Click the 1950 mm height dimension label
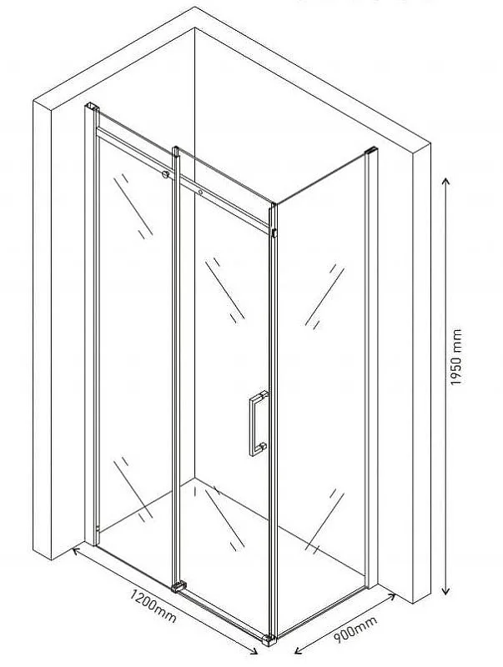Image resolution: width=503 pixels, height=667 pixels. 455,357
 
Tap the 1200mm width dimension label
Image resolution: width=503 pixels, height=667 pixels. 153,605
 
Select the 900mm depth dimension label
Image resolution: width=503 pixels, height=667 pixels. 355,629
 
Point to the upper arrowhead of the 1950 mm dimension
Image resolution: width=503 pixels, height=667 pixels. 445,181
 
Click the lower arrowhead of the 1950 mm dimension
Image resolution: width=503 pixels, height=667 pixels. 445,591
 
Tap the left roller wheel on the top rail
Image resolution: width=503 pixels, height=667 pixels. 165,174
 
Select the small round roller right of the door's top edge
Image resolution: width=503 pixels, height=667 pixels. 200,193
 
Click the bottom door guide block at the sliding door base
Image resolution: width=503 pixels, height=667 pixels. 179,587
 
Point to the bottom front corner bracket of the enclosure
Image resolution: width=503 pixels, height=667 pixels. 269,639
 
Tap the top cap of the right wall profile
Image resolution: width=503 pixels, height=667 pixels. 371,151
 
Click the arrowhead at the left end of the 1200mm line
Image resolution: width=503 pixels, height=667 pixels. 76,551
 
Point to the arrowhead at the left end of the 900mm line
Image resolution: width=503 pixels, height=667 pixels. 299,650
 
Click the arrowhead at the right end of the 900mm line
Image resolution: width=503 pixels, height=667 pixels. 392,597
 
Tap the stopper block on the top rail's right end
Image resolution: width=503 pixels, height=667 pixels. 274,233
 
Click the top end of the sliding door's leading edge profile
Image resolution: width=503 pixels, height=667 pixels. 175,151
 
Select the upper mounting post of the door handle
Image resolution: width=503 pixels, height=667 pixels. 264,394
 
